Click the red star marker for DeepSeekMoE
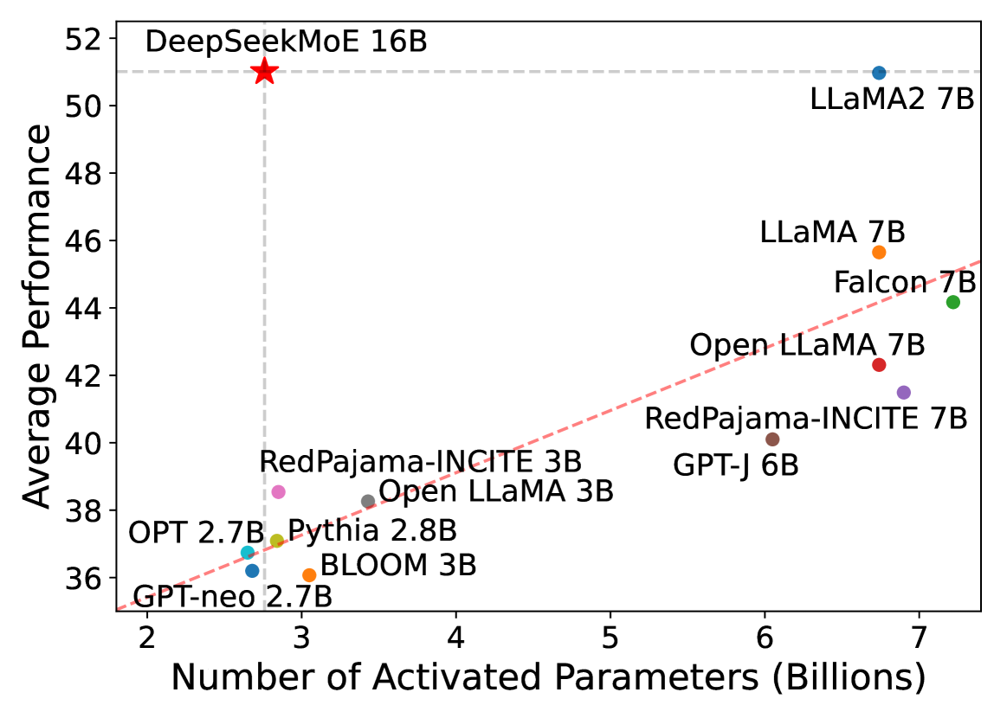click(265, 72)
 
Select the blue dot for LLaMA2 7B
click(879, 73)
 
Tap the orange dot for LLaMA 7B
click(879, 252)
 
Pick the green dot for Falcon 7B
click(953, 302)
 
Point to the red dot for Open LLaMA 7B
click(879, 365)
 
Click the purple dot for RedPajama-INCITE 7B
click(904, 392)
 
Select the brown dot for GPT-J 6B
click(772, 439)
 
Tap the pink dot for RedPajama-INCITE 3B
click(278, 491)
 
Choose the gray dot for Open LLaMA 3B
click(368, 501)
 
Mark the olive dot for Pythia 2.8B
click(277, 541)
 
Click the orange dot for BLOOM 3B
click(309, 575)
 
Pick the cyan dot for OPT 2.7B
click(248, 552)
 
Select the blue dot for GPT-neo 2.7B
click(252, 570)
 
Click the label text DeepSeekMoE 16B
click(286, 42)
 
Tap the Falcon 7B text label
click(904, 282)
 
